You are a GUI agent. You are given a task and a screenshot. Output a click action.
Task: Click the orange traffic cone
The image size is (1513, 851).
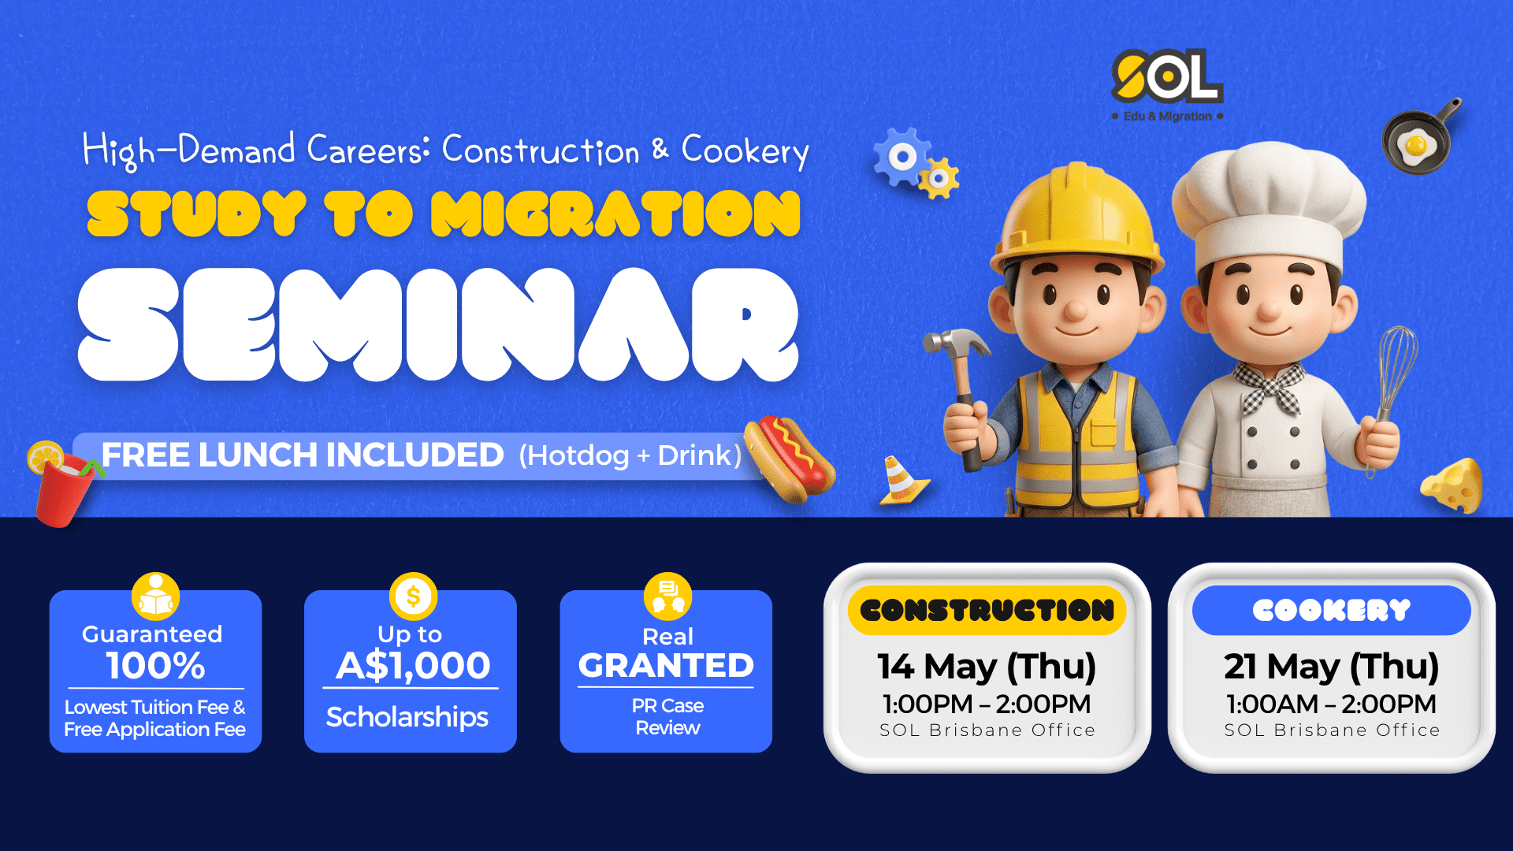pos(901,481)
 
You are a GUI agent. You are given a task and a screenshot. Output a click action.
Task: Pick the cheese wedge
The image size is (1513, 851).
pos(1452,485)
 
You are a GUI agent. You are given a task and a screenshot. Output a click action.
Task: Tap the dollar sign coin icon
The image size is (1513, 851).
pos(413,596)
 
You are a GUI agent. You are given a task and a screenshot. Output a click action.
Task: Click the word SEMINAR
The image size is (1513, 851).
pos(438,325)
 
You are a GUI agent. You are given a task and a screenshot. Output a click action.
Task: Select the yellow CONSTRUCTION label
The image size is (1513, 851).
pos(987,610)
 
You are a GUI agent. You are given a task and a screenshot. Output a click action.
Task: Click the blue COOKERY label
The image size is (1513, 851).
pos(1332,610)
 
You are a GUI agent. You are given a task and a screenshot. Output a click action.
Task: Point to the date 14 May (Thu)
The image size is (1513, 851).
pos(987,667)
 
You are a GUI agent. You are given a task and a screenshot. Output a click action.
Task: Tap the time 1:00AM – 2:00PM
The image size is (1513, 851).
pos(1331,704)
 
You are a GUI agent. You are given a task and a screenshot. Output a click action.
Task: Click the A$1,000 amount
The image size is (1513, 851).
pos(413,666)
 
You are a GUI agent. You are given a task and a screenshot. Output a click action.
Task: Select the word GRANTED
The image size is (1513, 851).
pos(666,666)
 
